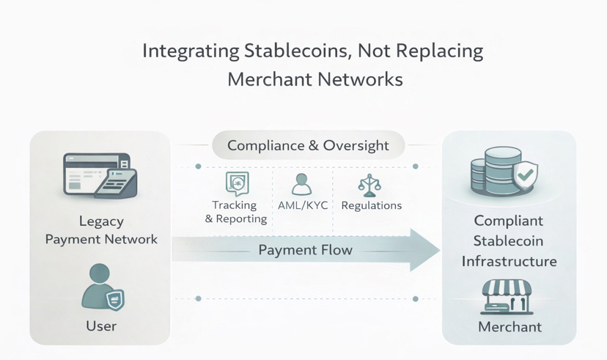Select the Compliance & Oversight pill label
(308, 145)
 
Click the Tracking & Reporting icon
(237, 183)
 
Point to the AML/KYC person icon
(302, 183)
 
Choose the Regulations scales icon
(369, 185)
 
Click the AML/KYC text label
(303, 206)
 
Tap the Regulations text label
(372, 206)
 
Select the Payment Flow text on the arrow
(305, 250)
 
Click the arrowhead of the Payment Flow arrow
(424, 250)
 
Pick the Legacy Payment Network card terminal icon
(100, 177)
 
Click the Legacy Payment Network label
(101, 230)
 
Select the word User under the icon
(101, 326)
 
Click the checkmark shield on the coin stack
(526, 177)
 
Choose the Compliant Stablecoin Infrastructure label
(509, 240)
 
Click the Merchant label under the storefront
(509, 327)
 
